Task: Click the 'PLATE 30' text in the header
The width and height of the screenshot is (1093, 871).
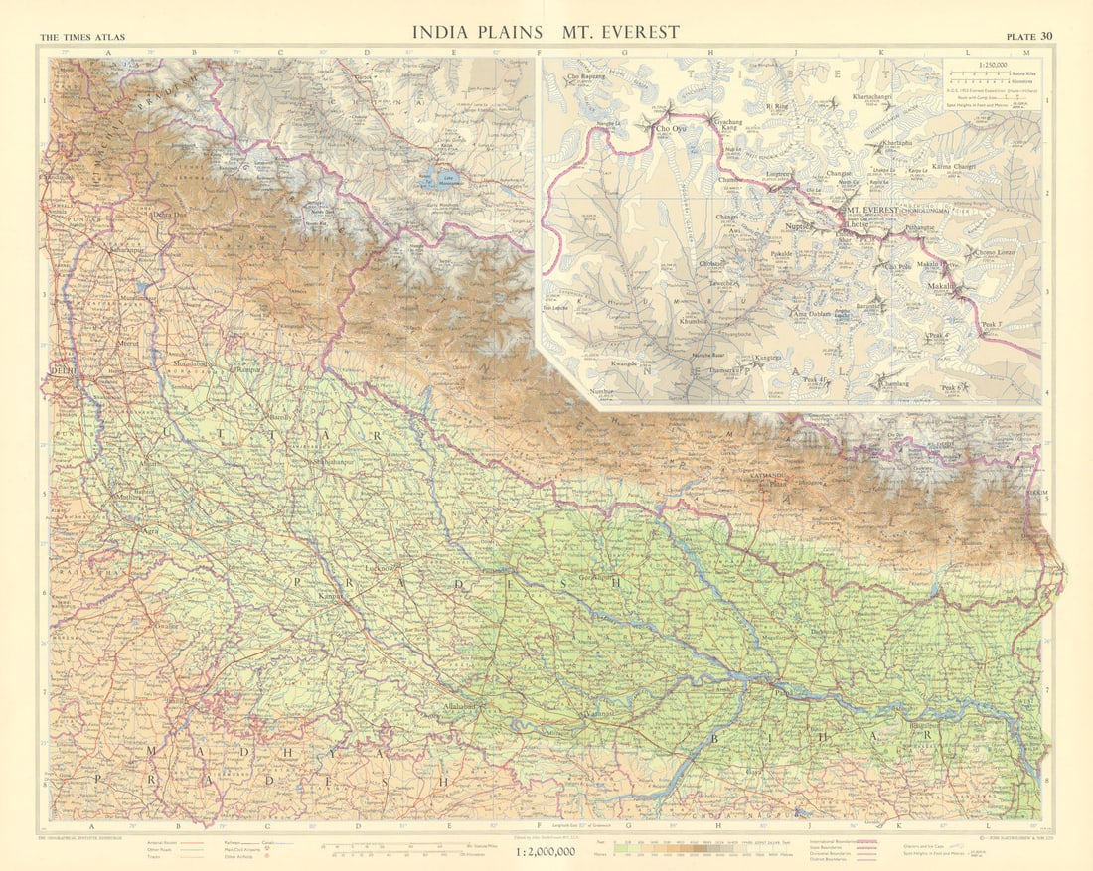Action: tap(1029, 37)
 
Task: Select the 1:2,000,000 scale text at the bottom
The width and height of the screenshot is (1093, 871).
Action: tap(546, 851)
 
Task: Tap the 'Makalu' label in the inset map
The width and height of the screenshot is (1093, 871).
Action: tap(941, 286)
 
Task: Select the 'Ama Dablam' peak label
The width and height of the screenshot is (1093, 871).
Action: tap(811, 315)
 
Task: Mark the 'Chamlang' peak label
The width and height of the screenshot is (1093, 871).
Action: tap(893, 382)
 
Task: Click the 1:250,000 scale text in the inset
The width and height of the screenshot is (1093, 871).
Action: tap(990, 64)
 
